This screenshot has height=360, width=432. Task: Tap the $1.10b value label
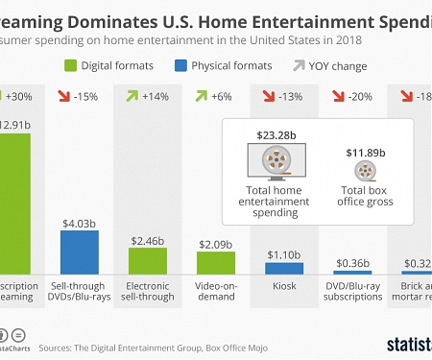click(284, 255)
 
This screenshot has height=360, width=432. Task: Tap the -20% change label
click(363, 96)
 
